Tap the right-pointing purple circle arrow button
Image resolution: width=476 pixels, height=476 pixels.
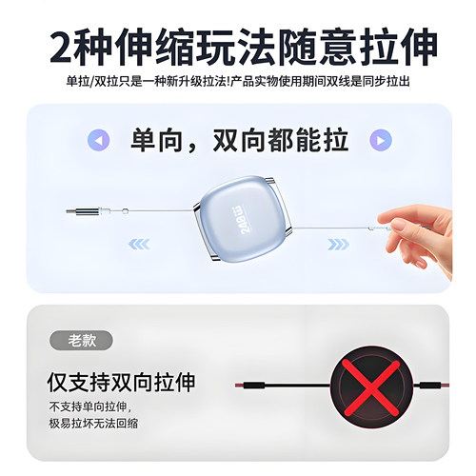pyautogui.click(x=379, y=141)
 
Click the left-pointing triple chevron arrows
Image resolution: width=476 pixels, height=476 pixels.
pyautogui.click(x=140, y=243)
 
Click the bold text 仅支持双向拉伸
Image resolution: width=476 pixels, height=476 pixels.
pyautogui.click(x=121, y=383)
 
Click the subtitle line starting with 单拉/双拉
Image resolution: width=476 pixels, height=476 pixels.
pyautogui.click(x=238, y=83)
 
